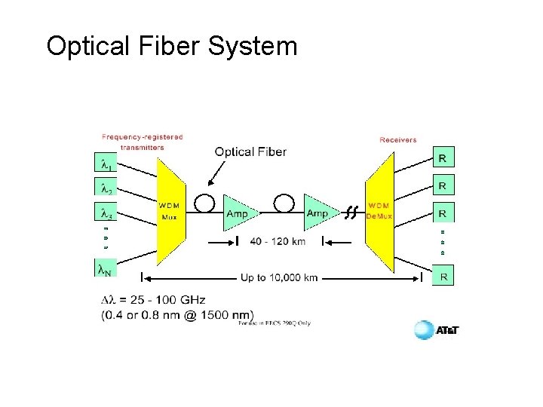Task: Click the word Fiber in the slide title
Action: [x=171, y=47]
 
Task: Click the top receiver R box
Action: [x=444, y=158]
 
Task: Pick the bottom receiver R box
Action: [x=444, y=277]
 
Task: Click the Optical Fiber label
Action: [x=250, y=152]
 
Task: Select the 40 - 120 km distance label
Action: [x=279, y=241]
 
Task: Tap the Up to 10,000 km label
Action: [x=279, y=277]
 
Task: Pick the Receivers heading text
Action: [x=397, y=139]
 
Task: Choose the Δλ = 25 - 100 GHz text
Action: [x=152, y=301]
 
